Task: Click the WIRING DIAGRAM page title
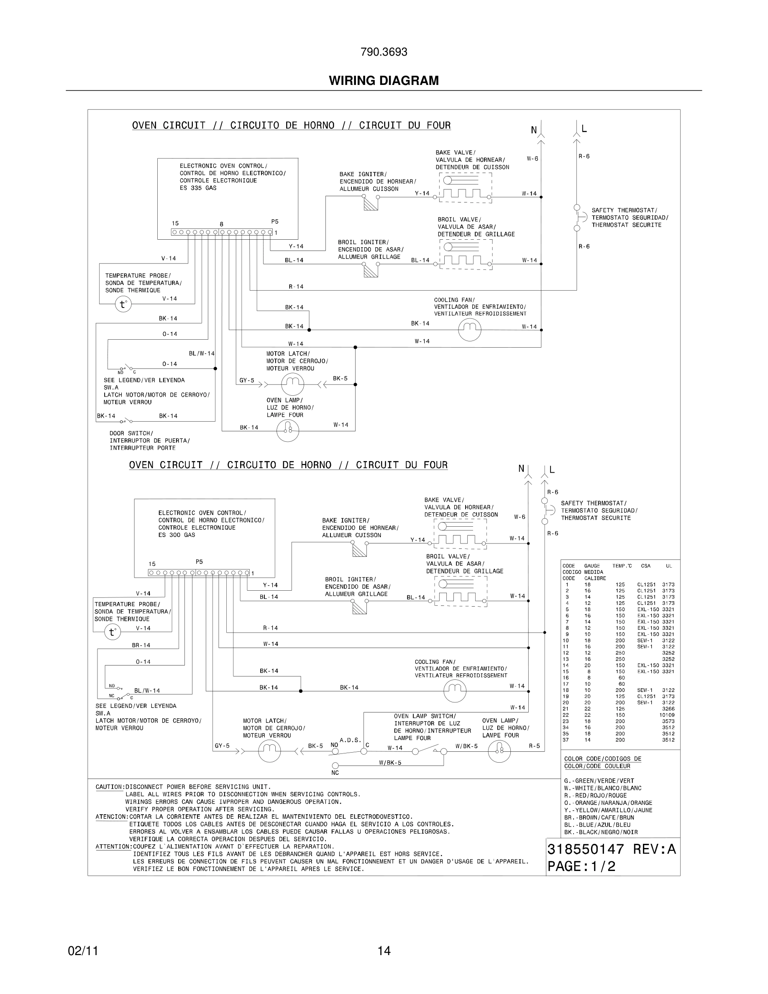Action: [384, 81]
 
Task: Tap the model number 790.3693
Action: [384, 52]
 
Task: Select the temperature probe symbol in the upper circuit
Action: [123, 304]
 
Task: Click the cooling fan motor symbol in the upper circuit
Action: [469, 330]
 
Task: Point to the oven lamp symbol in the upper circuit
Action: [287, 430]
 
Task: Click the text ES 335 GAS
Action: [198, 188]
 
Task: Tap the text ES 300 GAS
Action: [177, 535]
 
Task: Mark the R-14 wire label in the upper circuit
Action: [296, 287]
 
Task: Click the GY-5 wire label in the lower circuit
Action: [222, 746]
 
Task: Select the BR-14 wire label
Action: [141, 645]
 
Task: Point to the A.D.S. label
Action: [351, 740]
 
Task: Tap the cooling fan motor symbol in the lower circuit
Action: [455, 692]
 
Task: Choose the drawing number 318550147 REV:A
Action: [612, 849]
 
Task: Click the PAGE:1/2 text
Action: [581, 866]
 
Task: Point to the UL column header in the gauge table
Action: [669, 566]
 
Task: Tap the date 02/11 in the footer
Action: [83, 951]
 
